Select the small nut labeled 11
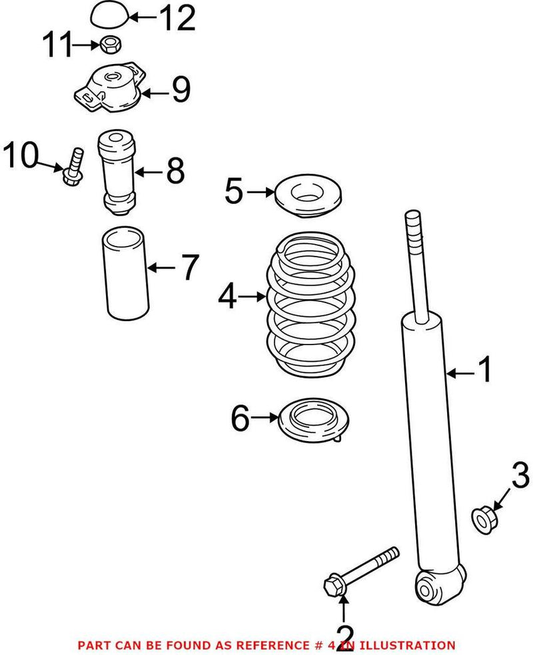pos(111,45)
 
